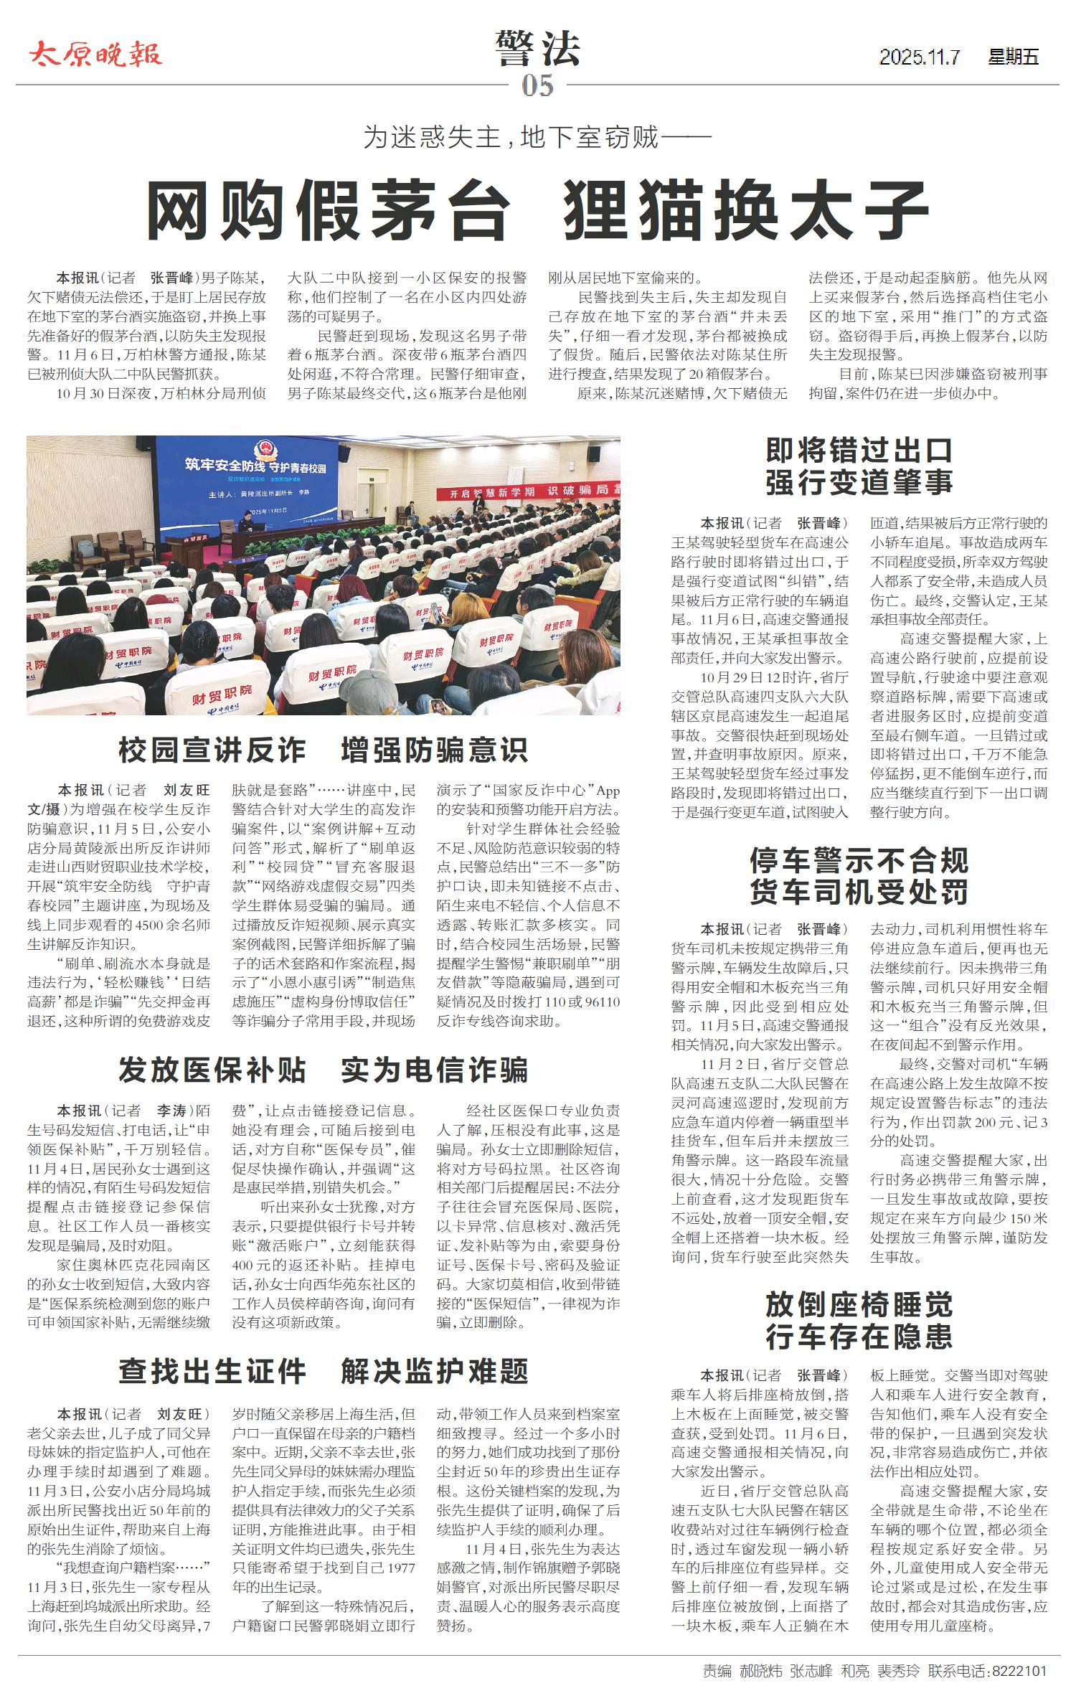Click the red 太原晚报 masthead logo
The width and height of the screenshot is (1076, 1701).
96,54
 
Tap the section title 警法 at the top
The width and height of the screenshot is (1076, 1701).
537,49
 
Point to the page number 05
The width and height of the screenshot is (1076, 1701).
537,87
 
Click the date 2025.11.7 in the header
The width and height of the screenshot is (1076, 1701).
920,57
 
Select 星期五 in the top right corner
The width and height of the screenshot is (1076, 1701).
1013,57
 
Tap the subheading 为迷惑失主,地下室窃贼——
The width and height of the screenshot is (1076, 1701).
537,136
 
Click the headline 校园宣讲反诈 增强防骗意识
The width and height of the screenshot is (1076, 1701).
323,750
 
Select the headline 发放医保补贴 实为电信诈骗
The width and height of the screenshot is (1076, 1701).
323,1070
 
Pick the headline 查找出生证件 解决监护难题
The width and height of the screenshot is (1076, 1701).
323,1371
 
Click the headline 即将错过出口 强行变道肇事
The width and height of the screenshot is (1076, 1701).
859,466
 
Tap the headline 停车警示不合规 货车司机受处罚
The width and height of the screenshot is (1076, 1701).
859,875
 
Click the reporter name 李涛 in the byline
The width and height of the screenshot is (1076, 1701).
172,1111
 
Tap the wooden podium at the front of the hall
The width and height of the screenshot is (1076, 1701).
192,551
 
